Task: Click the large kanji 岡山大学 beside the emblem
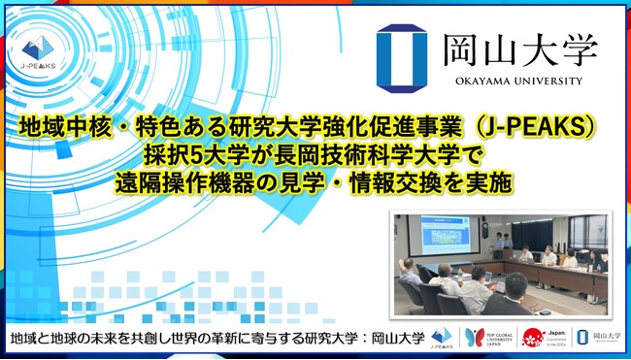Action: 519,48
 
